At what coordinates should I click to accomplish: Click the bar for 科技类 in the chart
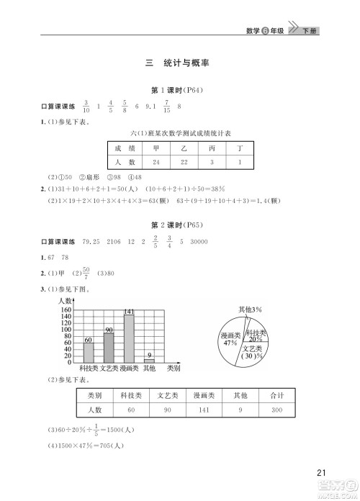click(88, 352)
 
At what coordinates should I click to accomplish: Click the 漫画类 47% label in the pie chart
click(230, 339)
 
